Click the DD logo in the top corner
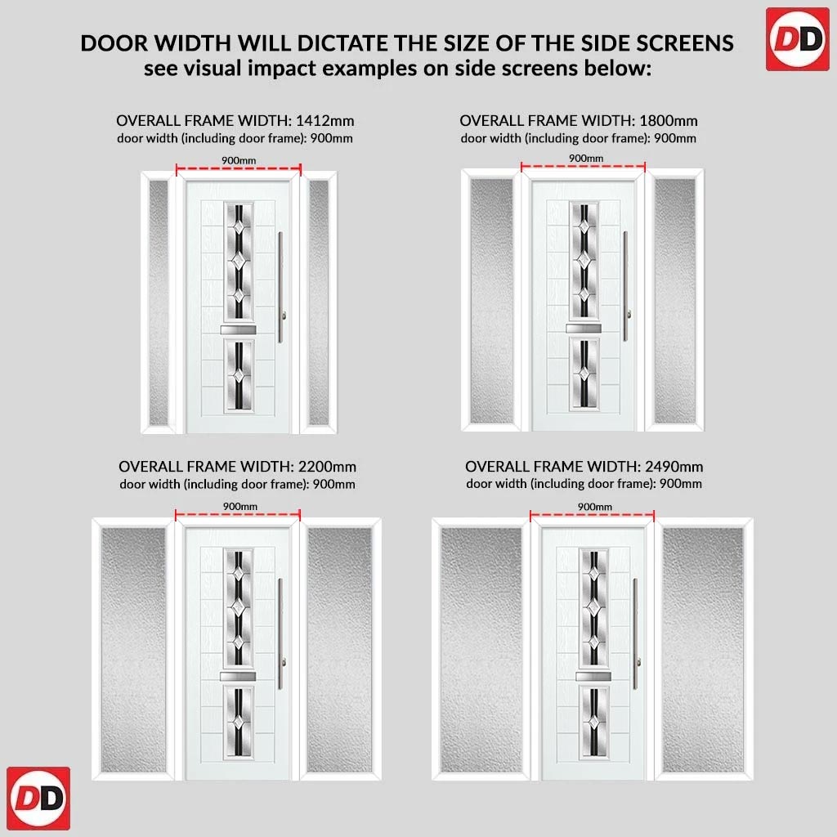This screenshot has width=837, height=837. [797, 39]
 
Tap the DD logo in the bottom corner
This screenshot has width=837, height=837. [38, 798]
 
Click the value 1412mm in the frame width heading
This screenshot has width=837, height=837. [325, 121]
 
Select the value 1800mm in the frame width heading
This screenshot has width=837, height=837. [669, 121]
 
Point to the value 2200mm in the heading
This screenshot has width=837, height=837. [327, 467]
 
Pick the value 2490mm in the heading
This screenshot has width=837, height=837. [674, 467]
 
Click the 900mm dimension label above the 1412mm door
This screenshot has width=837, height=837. [239, 160]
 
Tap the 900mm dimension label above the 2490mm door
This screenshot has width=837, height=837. [595, 506]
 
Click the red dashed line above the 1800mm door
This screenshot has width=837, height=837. [583, 167]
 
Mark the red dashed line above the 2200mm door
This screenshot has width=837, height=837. [238, 515]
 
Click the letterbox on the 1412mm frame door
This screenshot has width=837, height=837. [238, 330]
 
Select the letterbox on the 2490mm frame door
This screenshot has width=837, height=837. [593, 676]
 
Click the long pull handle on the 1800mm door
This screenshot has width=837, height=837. [625, 286]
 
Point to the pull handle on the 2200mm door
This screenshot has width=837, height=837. [280, 633]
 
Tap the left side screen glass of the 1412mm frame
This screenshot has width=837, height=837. [159, 302]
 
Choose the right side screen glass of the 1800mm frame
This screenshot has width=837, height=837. [674, 301]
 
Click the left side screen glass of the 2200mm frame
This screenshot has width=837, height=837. [133, 650]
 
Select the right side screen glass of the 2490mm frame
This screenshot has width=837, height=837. [702, 650]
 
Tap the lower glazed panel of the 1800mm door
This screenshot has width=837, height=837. [584, 374]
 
